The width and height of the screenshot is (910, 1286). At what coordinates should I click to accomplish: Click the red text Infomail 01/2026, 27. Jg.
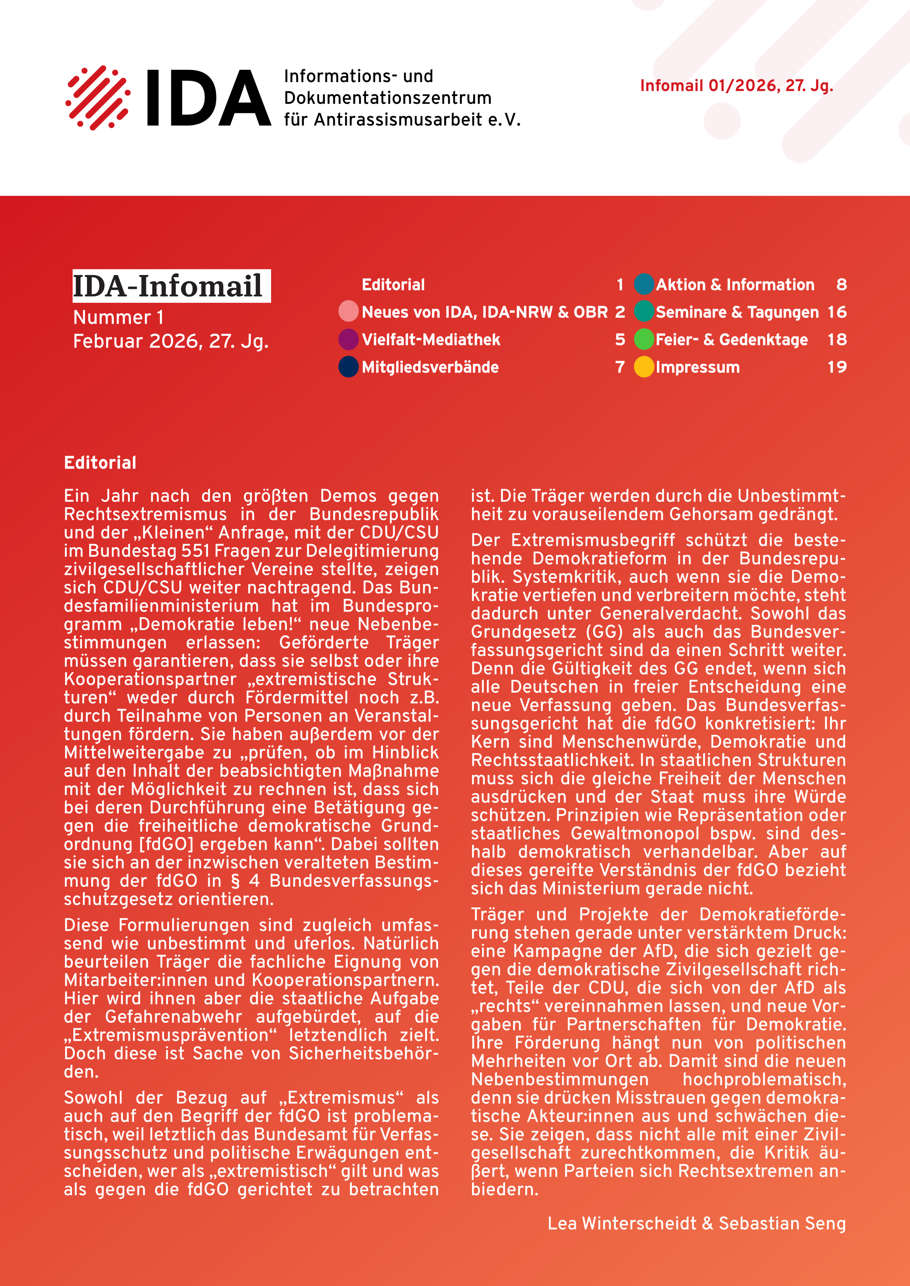coord(736,86)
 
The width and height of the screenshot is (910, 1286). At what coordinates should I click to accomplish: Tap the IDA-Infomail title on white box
coord(168,286)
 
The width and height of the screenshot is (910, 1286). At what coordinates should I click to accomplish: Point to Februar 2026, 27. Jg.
coord(171,341)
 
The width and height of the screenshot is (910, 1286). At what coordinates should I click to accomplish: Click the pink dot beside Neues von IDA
coord(348,311)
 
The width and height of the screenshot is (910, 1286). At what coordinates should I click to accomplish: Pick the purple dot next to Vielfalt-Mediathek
coord(348,339)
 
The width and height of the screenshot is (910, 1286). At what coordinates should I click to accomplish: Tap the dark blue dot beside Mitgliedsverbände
coord(348,367)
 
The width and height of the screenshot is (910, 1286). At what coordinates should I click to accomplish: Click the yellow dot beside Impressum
coord(644,367)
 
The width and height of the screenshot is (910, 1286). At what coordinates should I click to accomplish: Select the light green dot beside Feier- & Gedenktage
coord(644,339)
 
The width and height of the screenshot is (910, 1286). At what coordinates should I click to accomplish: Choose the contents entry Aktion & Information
coord(735,284)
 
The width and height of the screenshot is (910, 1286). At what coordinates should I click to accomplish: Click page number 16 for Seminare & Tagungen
coord(837,312)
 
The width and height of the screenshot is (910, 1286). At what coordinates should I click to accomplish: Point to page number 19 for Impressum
coord(837,367)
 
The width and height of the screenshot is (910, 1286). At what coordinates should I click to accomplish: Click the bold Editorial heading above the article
coord(100,463)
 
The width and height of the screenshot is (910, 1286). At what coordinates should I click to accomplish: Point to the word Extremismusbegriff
coord(573,540)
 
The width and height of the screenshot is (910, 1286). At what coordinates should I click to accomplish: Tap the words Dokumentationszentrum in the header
coord(387,98)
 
